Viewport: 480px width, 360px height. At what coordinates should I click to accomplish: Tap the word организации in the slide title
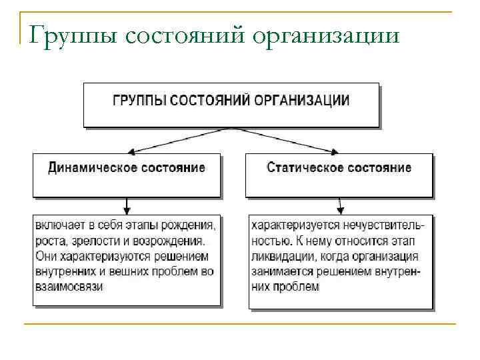tap(325, 35)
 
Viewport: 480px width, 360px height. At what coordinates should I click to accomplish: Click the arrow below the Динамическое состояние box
tap(127, 205)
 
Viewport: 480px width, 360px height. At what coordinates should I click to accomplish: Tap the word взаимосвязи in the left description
tap(67, 287)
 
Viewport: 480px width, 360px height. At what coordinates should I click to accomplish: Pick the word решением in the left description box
tap(181, 256)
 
